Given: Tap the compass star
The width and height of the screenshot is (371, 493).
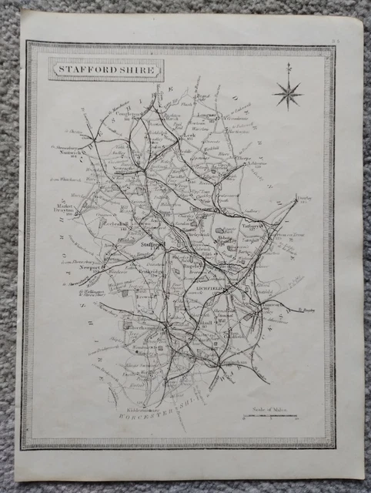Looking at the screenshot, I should click(288, 94).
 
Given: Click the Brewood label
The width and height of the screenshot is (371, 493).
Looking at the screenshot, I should click(138, 293).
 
